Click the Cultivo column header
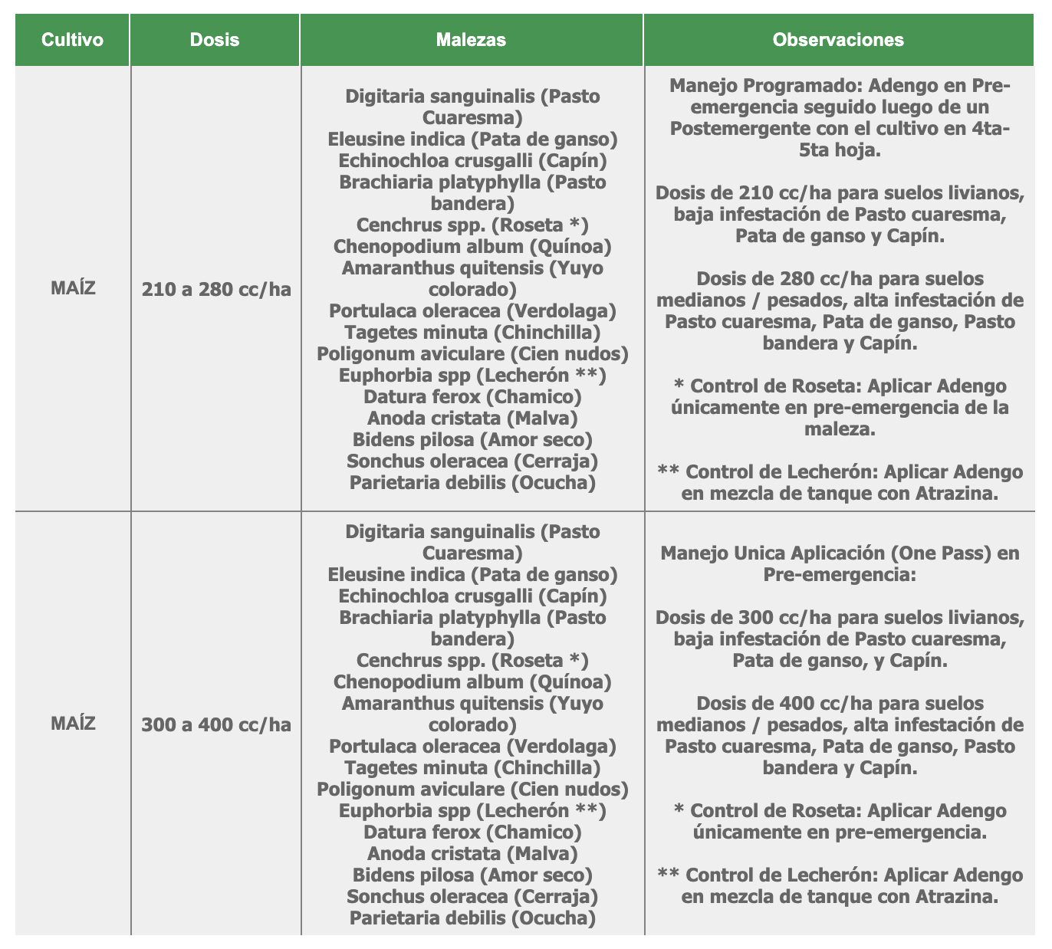coord(72,40)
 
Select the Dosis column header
coord(215,40)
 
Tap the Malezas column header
coord(471,40)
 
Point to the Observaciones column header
coord(838,40)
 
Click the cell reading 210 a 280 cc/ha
coord(216,290)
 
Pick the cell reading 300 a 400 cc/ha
coord(216,724)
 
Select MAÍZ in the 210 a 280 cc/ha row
coord(73,289)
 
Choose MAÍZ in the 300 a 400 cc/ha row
coord(73,723)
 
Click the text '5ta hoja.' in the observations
coord(839,149)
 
